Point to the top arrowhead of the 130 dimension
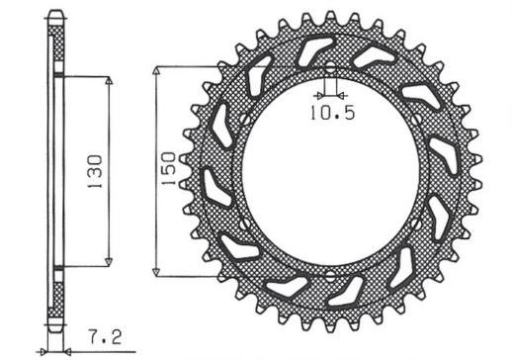click(108, 79)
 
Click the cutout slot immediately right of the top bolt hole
click(373, 58)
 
